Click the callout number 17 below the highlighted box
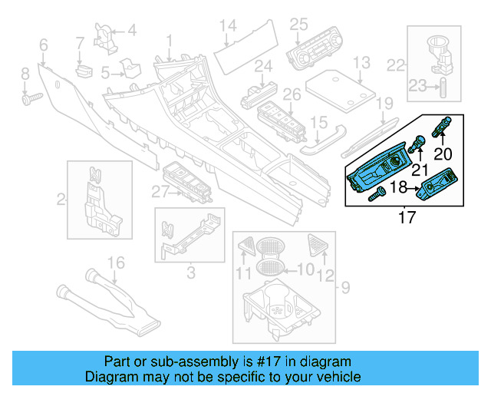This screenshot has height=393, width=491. click(407, 218)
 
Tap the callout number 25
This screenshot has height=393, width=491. click(298, 25)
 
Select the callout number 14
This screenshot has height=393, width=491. click(226, 28)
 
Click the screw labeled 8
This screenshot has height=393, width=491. click(32, 99)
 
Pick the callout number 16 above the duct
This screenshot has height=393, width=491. click(115, 265)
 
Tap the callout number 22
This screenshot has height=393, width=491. click(396, 64)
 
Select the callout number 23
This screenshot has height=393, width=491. click(418, 87)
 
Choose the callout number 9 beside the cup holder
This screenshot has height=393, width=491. click(344, 289)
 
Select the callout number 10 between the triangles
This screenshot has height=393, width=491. click(305, 269)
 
